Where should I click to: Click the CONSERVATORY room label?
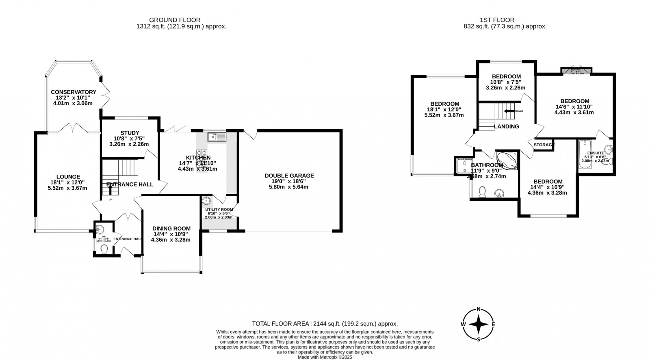[x=74, y=92]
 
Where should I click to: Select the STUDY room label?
[x=130, y=133]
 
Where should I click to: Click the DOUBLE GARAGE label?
[x=289, y=176]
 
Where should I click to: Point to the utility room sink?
[x=206, y=200]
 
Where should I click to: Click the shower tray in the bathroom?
[x=462, y=165]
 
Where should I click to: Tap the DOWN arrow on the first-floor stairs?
[x=508, y=111]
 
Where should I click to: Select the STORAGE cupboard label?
[x=544, y=145]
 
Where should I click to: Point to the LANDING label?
[x=506, y=126]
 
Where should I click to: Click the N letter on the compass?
[x=479, y=309]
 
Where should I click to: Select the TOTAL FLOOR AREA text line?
[x=325, y=324]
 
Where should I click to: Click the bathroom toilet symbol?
[x=483, y=191]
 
